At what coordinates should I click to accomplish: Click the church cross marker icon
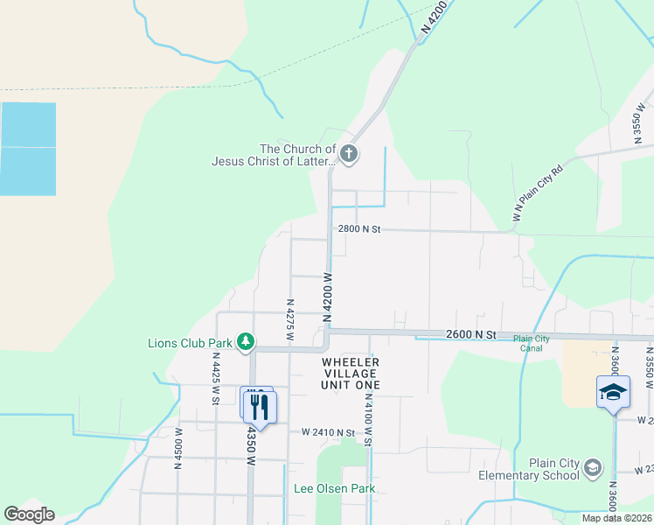(349, 155)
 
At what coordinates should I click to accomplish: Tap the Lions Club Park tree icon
(247, 342)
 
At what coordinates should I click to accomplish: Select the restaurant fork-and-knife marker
(260, 407)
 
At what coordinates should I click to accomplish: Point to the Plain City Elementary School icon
(593, 467)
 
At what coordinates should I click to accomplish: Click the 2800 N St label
(360, 229)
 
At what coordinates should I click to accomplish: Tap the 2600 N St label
(470, 334)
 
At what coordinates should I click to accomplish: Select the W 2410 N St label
(328, 432)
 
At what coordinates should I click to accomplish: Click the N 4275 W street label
(289, 318)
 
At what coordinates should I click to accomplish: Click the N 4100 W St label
(368, 419)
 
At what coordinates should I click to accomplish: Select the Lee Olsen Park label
(334, 488)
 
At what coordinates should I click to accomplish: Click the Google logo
(29, 514)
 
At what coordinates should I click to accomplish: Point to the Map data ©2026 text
(616, 518)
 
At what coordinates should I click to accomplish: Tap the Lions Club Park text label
(190, 343)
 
